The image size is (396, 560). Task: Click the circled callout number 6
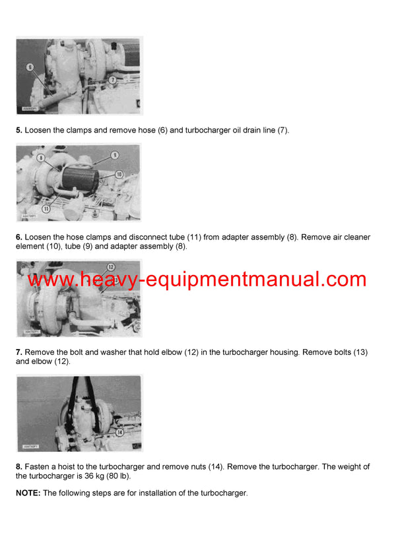[30, 67]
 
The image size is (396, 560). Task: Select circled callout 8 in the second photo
[41, 158]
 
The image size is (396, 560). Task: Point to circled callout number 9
[114, 155]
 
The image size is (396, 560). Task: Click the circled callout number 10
[119, 174]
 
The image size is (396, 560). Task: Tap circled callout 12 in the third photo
[111, 267]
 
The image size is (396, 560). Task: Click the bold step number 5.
[19, 131]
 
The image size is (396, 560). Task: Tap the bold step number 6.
[19, 237]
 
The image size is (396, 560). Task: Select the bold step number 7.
[19, 353]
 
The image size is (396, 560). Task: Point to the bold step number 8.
[19, 467]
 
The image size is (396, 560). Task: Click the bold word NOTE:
[28, 493]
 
